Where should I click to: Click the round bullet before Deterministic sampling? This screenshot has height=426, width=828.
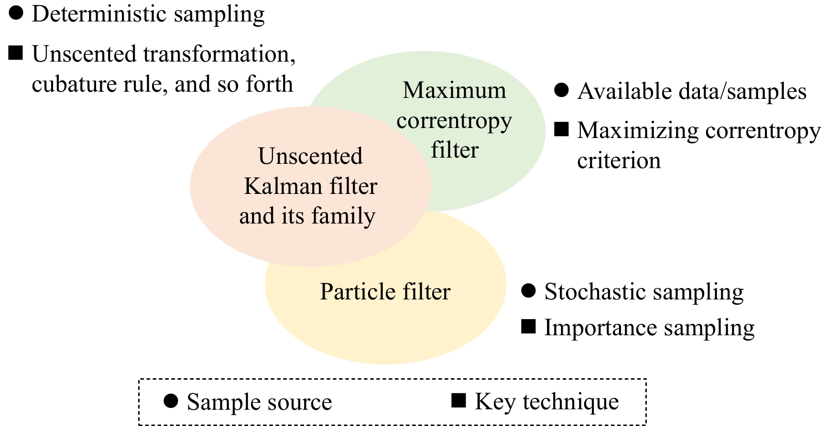(16, 13)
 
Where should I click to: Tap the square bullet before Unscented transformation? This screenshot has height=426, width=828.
(16, 53)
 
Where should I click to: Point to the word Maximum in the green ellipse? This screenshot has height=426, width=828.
(454, 90)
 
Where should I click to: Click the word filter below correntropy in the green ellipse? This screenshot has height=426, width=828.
(455, 150)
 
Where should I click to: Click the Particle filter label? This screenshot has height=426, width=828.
(385, 292)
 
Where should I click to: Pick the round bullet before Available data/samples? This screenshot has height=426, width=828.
(561, 90)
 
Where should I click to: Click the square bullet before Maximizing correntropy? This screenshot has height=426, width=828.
(561, 129)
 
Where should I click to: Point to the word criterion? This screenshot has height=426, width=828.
(619, 161)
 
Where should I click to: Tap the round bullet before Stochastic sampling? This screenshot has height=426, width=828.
(528, 290)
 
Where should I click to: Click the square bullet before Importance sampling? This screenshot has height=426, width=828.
(528, 327)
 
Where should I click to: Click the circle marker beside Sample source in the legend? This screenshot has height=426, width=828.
(171, 401)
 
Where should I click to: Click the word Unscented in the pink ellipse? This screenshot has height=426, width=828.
(310, 156)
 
